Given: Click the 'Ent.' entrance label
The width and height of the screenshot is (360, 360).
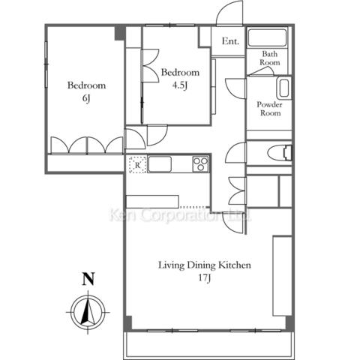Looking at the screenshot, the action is tap(230, 41).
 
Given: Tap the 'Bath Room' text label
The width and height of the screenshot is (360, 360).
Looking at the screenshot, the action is tap(270, 58).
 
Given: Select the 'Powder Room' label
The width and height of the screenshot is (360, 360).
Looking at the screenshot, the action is tap(270, 109).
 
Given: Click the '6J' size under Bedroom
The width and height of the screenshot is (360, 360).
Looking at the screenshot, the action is tap(86, 98).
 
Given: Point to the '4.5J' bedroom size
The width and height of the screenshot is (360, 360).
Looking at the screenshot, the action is tap(180, 85).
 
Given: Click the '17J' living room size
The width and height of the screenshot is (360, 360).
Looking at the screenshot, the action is tap(205, 277).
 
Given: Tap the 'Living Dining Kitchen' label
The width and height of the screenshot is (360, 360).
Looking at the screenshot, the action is tap(205, 265).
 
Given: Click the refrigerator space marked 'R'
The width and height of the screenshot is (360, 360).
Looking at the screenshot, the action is tap(137, 165).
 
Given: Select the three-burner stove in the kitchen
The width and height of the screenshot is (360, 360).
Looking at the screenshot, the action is tap(201, 164).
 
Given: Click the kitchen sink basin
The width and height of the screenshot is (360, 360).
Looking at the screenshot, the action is tap(160, 164).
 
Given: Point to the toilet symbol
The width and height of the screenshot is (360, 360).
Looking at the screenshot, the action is tap(280, 152).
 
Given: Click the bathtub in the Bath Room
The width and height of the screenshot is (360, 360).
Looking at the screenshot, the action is tap(267, 37).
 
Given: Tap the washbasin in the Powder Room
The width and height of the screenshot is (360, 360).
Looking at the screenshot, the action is tap(284, 88).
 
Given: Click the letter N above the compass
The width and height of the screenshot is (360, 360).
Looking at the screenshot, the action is tap(88, 279).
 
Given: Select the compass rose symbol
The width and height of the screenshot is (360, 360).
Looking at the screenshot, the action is tap(88, 312).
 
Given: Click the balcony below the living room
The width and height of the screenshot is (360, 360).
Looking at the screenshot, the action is tap(208, 345).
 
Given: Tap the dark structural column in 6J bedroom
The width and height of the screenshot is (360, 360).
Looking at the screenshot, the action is tap(120, 33).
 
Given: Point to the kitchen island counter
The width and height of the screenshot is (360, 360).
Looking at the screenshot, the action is tap(152, 202).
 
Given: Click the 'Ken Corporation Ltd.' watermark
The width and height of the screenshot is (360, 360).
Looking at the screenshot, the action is tap(181, 215).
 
